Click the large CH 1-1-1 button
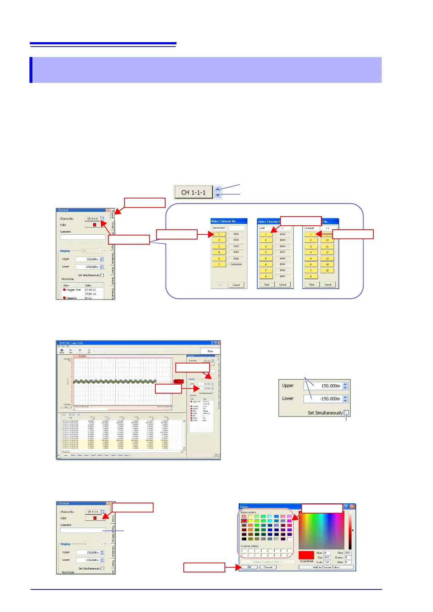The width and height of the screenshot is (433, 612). [x=193, y=192]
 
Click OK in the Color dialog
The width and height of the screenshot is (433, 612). [x=249, y=567]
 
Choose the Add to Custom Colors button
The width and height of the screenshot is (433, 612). [x=326, y=567]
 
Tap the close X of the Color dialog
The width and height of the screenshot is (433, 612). [x=352, y=507]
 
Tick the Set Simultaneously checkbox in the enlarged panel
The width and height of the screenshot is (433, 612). [x=346, y=412]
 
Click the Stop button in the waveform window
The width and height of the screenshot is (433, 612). [x=210, y=351]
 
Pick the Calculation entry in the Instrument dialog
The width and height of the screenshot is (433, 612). [x=236, y=264]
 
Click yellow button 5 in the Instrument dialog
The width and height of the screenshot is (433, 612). [x=219, y=258]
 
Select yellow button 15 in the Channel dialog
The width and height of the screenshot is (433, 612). [x=327, y=270]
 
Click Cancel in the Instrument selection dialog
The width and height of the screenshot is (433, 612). [x=236, y=285]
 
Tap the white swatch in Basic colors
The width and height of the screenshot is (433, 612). [x=290, y=539]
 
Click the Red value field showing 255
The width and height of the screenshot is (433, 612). [x=348, y=553]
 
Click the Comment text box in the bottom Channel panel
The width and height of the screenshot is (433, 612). [x=83, y=530]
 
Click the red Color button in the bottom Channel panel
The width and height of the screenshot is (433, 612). [x=95, y=518]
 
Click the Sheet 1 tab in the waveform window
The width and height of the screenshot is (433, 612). [x=66, y=455]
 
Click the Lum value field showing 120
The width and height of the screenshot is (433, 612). [x=327, y=562]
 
